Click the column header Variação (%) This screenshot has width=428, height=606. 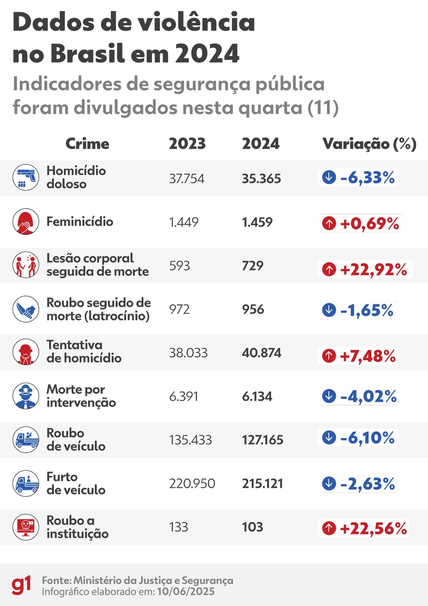pyautogui.click(x=369, y=144)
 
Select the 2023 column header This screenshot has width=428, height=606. pyautogui.click(x=187, y=144)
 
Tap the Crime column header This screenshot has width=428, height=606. pyautogui.click(x=87, y=144)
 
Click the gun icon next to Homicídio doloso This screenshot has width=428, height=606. pyautogui.click(x=26, y=178)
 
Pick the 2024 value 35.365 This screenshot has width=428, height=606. pyautogui.click(x=261, y=178)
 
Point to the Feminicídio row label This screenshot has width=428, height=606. pyautogui.click(x=80, y=222)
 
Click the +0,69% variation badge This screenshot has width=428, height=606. pyautogui.click(x=361, y=223)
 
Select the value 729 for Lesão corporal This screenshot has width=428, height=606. pyautogui.click(x=253, y=266)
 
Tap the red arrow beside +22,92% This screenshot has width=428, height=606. pyautogui.click(x=329, y=269)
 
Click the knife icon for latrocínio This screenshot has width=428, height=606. pyautogui.click(x=26, y=309)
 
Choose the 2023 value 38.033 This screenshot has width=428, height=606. pyautogui.click(x=188, y=353)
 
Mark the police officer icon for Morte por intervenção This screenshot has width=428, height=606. pyautogui.click(x=26, y=396)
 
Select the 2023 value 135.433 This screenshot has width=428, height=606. pyautogui.click(x=191, y=440)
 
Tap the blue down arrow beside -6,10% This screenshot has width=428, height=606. pyautogui.click(x=329, y=438)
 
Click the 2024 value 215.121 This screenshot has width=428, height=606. pyautogui.click(x=262, y=483)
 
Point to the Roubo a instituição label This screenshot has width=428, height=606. pyautogui.click(x=77, y=527)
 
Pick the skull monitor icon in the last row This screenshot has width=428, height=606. pyautogui.click(x=26, y=527)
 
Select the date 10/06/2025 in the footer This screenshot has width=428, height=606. pyautogui.click(x=186, y=592)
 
